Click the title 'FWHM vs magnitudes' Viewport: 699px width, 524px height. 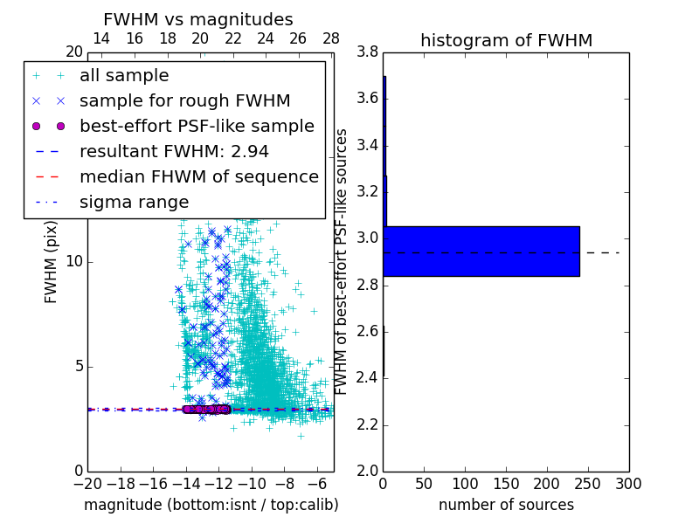point(197,19)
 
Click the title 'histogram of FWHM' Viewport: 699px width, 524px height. point(506,40)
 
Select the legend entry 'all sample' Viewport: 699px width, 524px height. point(124,76)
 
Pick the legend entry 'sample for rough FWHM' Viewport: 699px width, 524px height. point(184,100)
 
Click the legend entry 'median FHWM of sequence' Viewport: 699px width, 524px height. point(198,176)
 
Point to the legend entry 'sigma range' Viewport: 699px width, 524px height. point(134,202)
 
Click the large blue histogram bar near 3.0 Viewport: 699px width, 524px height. point(481,251)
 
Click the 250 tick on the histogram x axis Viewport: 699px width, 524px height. point(587,484)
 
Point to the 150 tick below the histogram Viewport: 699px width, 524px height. point(506,484)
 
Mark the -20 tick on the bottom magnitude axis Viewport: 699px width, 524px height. point(87,484)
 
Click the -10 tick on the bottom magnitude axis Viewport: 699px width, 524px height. point(252,484)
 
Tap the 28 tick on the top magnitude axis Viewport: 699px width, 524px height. point(330,38)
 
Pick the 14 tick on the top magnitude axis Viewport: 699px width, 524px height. point(101,38)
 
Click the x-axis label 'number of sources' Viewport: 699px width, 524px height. point(506,505)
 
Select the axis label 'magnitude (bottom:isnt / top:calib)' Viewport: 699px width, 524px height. point(211,505)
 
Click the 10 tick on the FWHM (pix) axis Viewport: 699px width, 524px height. point(73,261)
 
